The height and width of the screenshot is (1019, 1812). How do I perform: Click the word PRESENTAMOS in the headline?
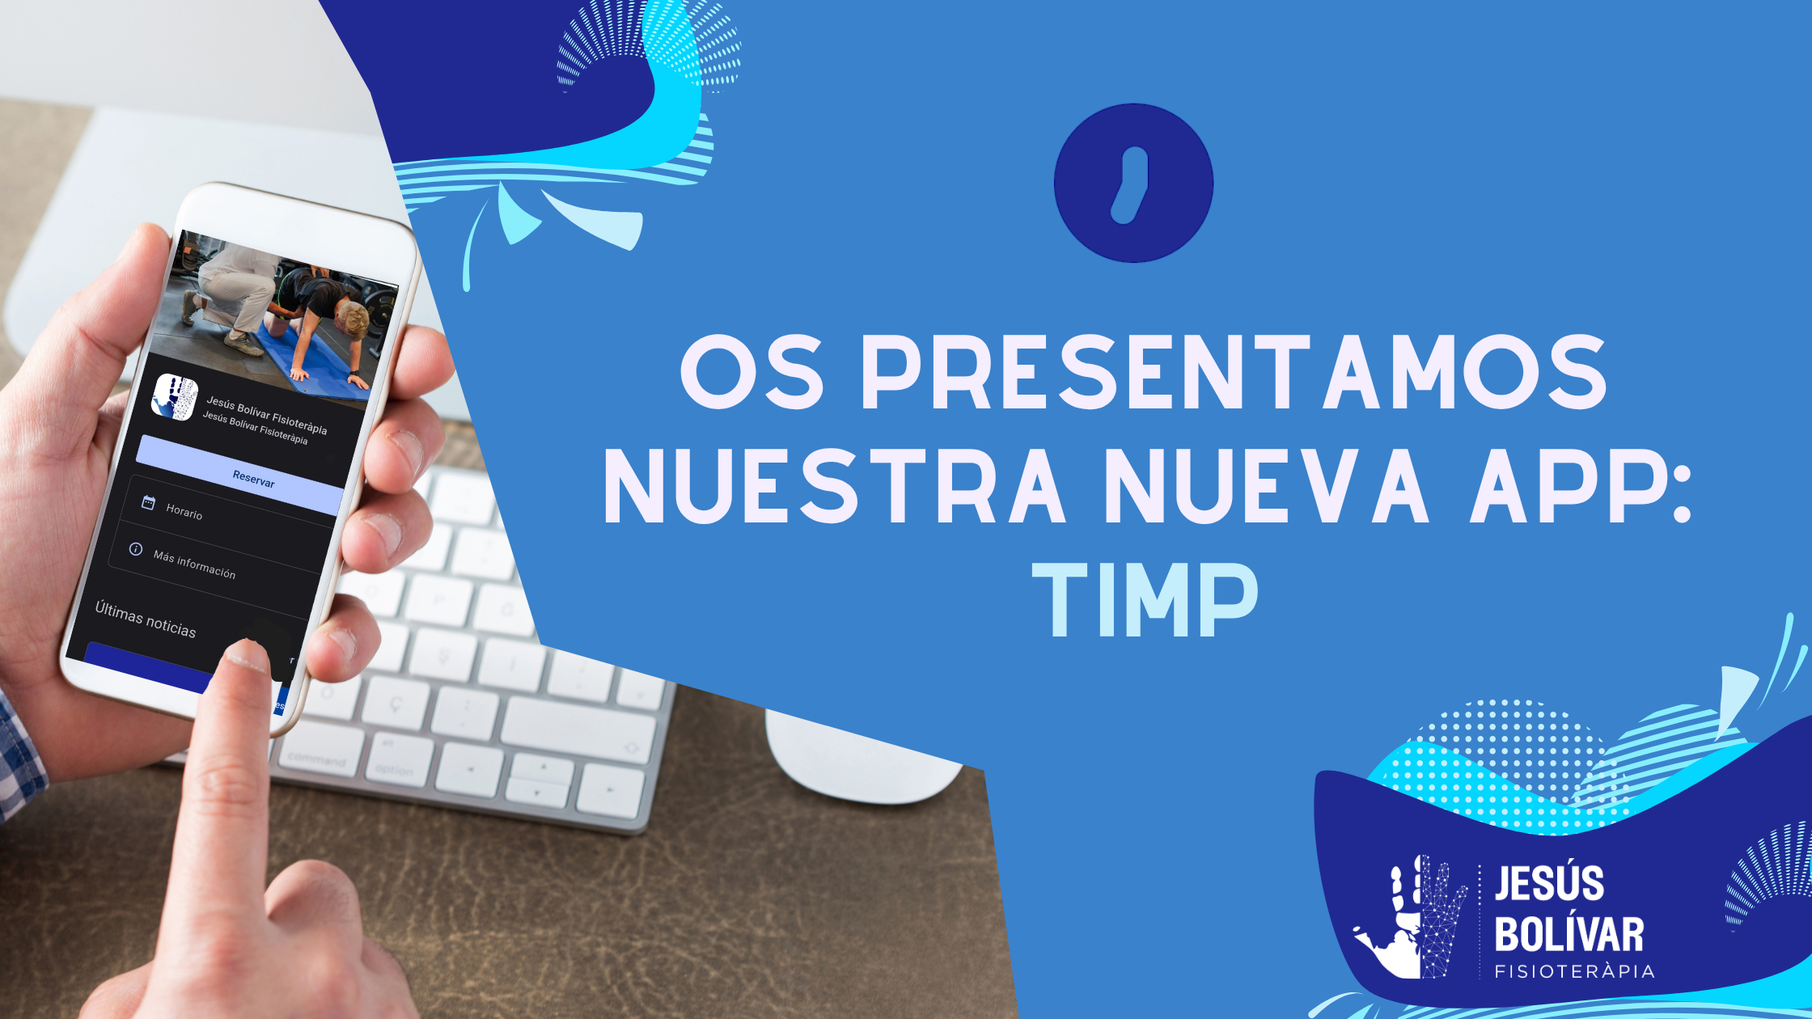tap(1233, 373)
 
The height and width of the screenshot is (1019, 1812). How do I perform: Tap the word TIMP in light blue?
tap(1145, 600)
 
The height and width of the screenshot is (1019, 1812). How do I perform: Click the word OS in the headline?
tap(751, 373)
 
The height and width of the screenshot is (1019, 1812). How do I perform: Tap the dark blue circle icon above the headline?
tap(1133, 183)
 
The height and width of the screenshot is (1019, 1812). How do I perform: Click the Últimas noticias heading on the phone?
tap(146, 619)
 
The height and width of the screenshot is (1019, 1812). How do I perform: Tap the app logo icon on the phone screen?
tap(175, 397)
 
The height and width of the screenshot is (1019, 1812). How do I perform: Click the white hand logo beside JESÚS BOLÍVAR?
tap(1412, 918)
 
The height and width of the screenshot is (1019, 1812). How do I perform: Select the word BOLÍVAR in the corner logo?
tap(1569, 935)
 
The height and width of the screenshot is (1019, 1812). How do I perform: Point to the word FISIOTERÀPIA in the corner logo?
tap(1574, 971)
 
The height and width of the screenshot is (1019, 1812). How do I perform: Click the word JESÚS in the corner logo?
tap(1549, 883)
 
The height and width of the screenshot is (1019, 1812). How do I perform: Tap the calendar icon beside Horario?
tap(148, 503)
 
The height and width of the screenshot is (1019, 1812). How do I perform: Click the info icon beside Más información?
tap(136, 549)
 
